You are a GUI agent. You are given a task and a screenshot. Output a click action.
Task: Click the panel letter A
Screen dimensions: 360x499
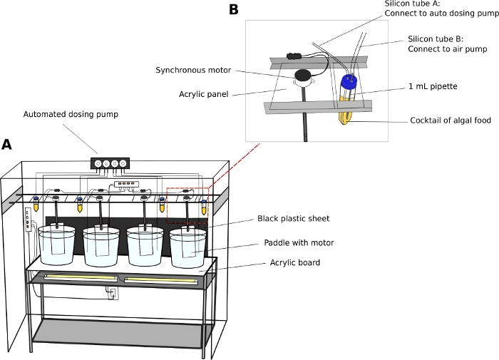(6, 144)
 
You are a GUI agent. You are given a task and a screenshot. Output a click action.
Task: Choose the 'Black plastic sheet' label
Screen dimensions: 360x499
(292, 218)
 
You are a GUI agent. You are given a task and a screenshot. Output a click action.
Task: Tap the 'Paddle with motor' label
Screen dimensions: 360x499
(299, 243)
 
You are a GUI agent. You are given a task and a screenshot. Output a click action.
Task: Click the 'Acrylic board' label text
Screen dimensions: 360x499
(294, 262)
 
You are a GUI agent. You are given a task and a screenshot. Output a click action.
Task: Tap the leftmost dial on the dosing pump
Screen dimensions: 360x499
(98, 163)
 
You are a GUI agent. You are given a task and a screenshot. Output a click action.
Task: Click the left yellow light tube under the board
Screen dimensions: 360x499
(81, 277)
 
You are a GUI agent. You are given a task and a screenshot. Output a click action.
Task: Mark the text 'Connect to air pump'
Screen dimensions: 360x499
(447, 49)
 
